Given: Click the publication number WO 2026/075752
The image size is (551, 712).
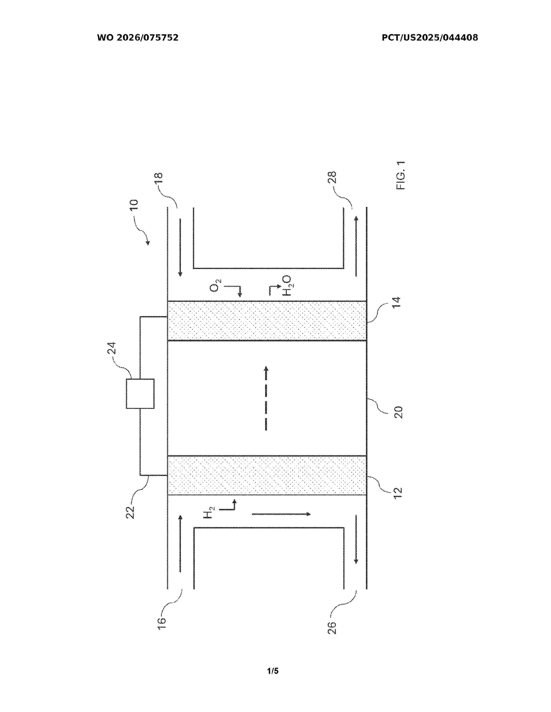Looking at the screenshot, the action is tap(138, 38).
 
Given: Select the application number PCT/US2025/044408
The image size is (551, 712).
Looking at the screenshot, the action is tap(430, 38).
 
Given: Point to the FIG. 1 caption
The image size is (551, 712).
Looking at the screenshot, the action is tap(401, 175).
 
